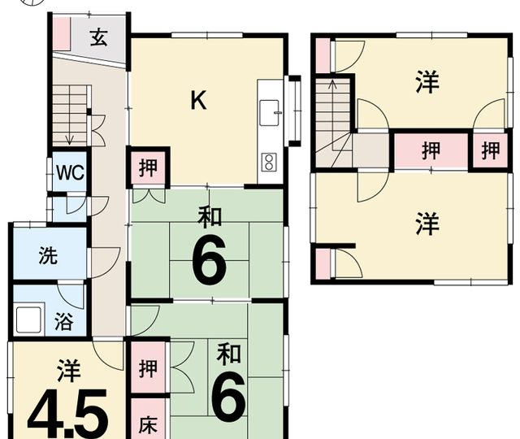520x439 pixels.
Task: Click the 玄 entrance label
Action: pos(99,37)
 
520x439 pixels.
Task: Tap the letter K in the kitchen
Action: pos(198,100)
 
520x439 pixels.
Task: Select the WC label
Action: pos(70,172)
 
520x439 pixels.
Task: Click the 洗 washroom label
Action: pos(49,255)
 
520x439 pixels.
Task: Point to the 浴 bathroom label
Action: pos(63,321)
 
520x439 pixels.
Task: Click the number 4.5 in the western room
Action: pos(68,414)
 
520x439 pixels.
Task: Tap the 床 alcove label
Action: pos(148,424)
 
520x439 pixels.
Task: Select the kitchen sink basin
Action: pos(269,113)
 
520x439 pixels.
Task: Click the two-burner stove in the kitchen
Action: pos(269,162)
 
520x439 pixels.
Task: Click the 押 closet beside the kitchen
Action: pos(148,167)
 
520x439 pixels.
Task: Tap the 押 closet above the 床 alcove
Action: pos(148,368)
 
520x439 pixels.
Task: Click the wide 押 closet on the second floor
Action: pos(431,150)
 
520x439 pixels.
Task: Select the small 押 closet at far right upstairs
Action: pos(491,150)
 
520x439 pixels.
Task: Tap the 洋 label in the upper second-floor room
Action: pos(427,81)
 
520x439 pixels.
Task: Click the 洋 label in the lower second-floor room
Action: pos(427,224)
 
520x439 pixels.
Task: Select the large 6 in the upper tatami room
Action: pos(210,259)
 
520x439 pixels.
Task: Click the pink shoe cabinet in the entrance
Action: pos(62,33)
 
